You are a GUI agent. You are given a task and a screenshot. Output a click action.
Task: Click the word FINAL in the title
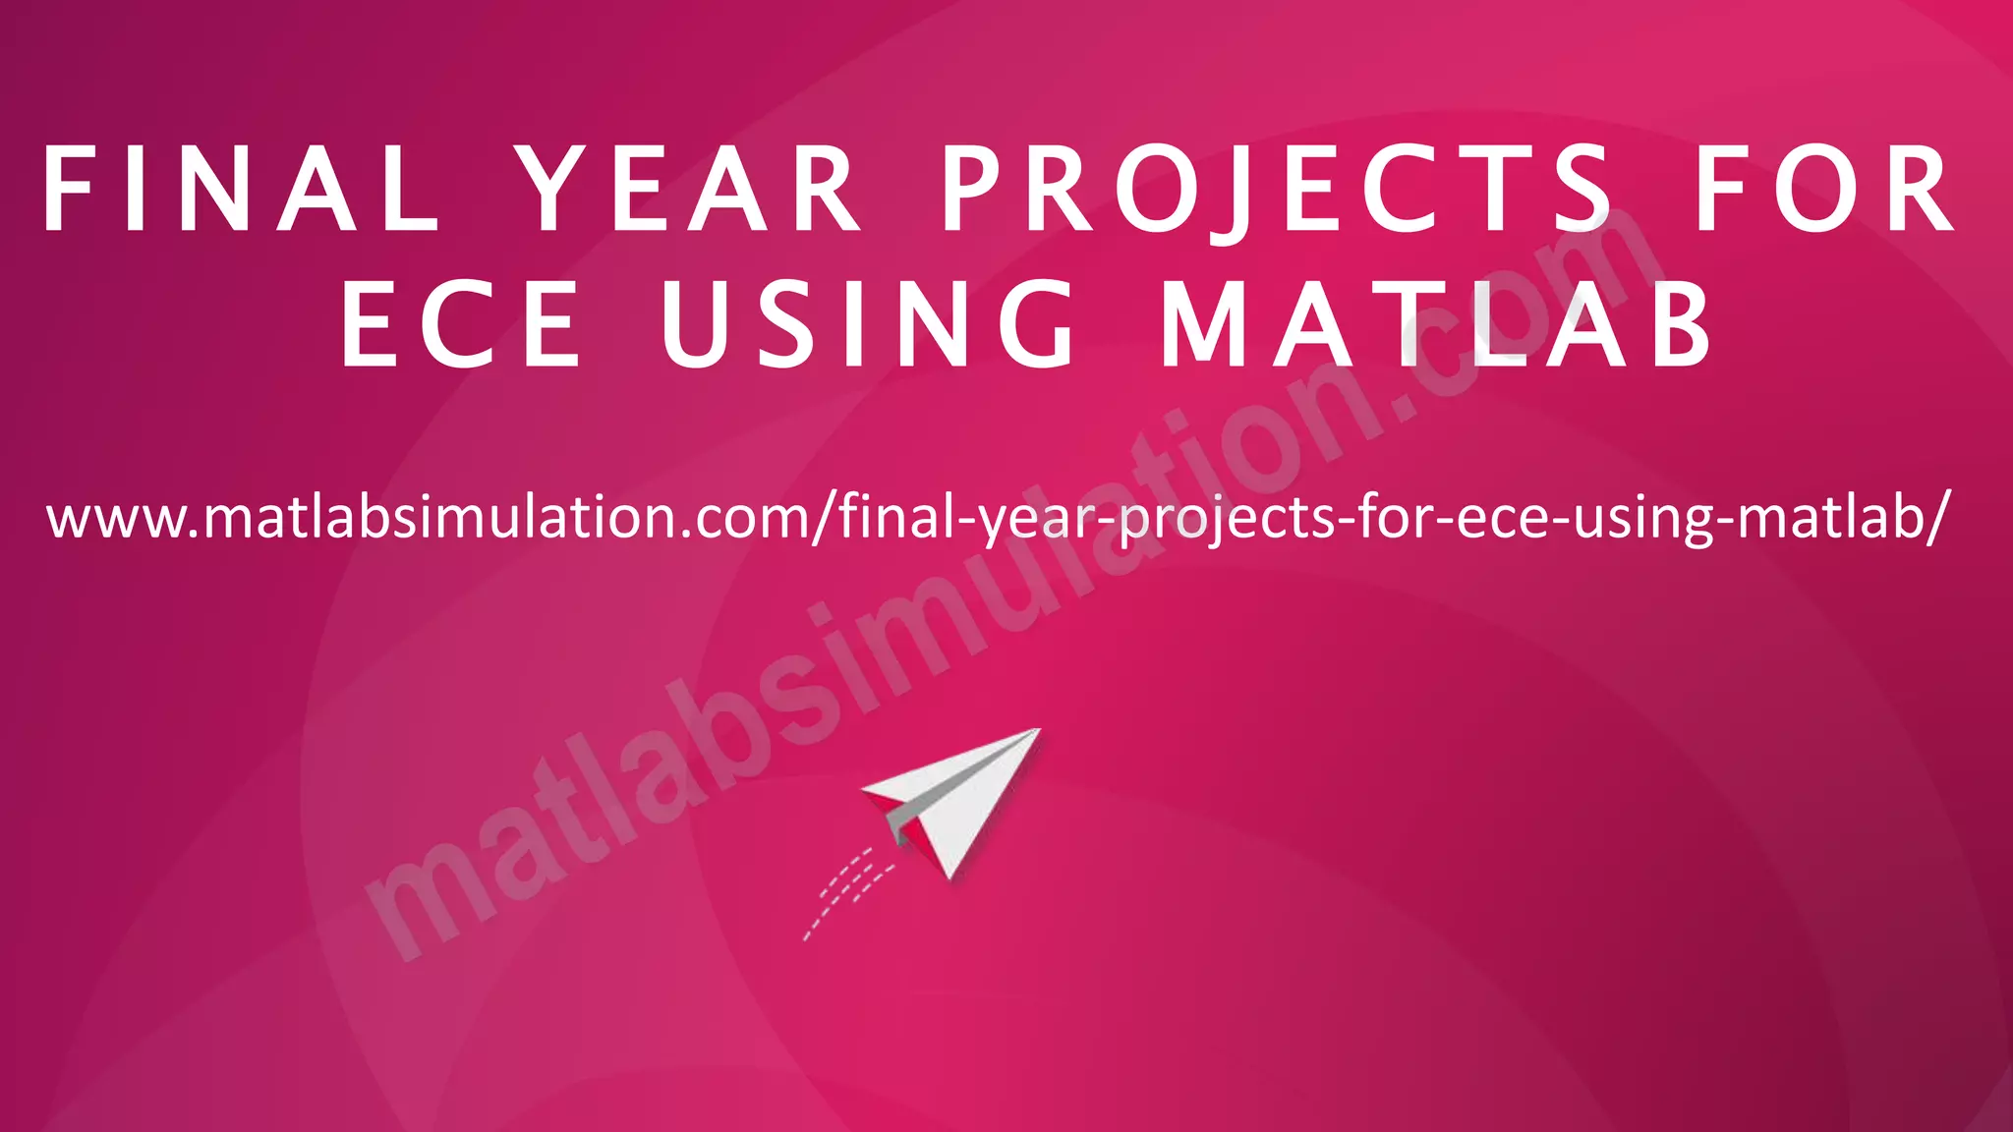click(241, 189)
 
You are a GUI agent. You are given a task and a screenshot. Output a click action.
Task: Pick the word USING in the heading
click(869, 324)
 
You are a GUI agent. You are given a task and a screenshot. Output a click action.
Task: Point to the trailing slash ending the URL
click(1934, 518)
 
